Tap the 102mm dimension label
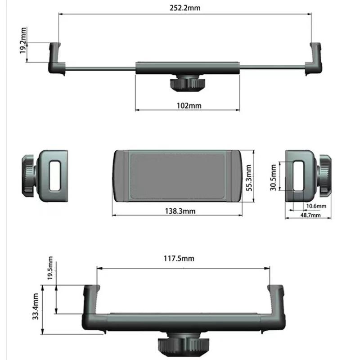click(189, 106)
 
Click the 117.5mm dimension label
click(179, 258)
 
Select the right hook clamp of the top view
click(315, 58)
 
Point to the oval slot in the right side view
click(298, 175)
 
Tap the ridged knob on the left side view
click(28, 175)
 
